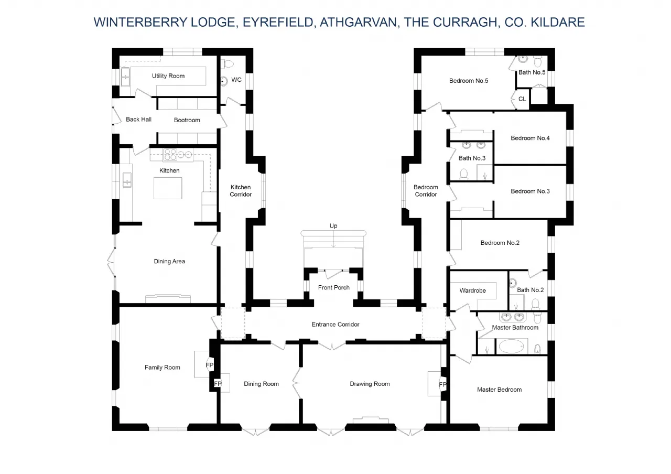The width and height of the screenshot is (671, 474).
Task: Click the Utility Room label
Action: [168, 76]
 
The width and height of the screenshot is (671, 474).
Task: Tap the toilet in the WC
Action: [228, 63]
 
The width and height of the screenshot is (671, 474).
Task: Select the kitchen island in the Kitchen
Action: [168, 188]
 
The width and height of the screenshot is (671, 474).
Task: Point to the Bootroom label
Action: [187, 120]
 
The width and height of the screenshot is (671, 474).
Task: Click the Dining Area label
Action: [169, 261]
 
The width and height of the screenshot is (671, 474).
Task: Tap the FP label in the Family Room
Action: [210, 365]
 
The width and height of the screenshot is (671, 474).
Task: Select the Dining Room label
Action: [261, 384]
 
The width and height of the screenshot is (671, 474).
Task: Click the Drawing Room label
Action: [370, 384]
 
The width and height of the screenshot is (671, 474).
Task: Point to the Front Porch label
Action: [334, 287]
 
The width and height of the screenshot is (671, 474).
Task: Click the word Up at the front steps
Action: [333, 226]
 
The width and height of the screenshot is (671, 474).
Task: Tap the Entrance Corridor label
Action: [335, 325]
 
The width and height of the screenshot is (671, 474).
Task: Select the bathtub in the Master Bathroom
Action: [511, 347]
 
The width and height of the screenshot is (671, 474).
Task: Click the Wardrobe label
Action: [472, 290]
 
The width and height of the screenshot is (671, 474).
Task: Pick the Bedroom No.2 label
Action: [500, 243]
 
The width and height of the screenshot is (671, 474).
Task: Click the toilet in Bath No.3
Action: [463, 174]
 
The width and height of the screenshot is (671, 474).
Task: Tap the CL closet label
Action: [522, 99]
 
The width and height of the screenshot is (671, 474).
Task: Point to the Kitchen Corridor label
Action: [241, 191]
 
